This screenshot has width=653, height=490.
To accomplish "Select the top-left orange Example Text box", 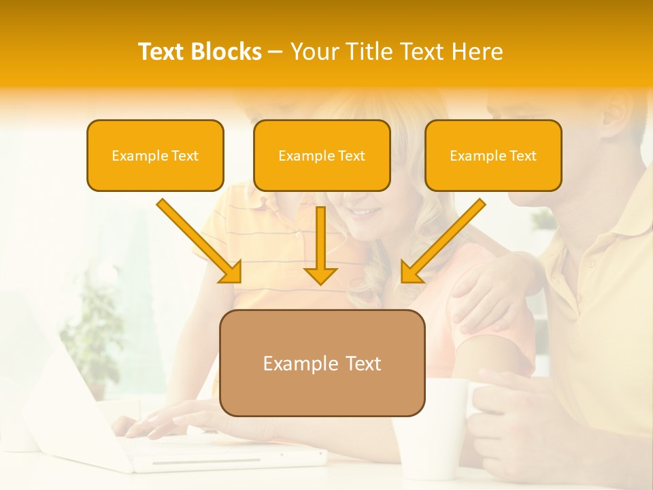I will pyautogui.click(x=155, y=156).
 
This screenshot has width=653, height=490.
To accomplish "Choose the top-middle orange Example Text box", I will pyautogui.click(x=322, y=156).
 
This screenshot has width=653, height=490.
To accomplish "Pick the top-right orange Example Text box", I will pyautogui.click(x=493, y=156).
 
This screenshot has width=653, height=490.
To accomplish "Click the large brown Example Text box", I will pyautogui.click(x=322, y=363).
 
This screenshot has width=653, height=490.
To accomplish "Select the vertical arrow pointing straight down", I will pyautogui.click(x=320, y=245).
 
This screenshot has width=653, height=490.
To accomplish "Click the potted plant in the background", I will pyautogui.click(x=92, y=333).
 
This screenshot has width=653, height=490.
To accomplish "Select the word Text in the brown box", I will pyautogui.click(x=358, y=363).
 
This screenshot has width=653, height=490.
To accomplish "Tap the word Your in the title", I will pyautogui.click(x=315, y=52).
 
